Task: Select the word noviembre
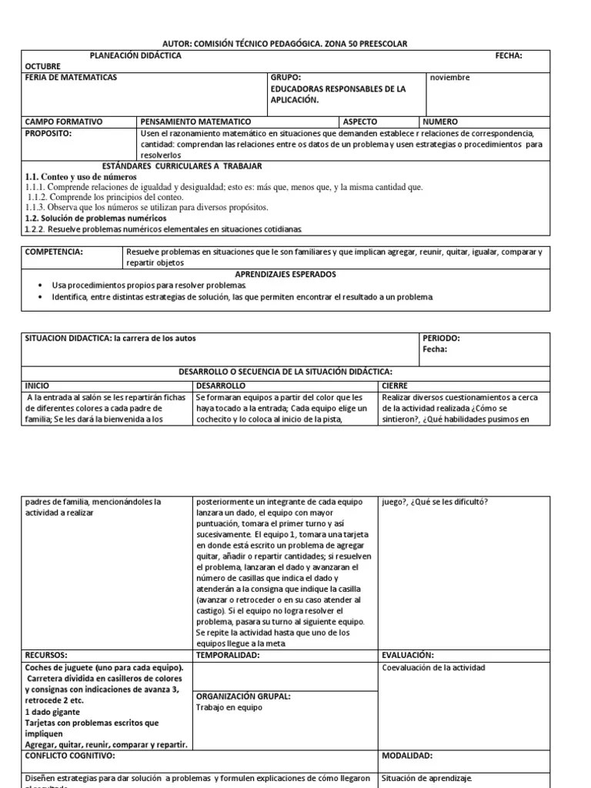click(449, 78)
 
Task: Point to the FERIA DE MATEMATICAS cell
click(72, 78)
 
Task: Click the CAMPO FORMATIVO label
click(64, 122)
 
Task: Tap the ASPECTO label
click(361, 122)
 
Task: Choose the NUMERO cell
click(440, 122)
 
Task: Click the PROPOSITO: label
click(49, 133)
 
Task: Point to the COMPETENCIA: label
click(55, 252)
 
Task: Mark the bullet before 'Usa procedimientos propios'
click(39, 285)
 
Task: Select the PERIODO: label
click(442, 338)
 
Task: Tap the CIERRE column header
click(396, 385)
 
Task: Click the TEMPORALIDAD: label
click(228, 655)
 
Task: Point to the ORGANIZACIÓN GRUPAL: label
click(242, 696)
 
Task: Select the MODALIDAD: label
click(407, 756)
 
